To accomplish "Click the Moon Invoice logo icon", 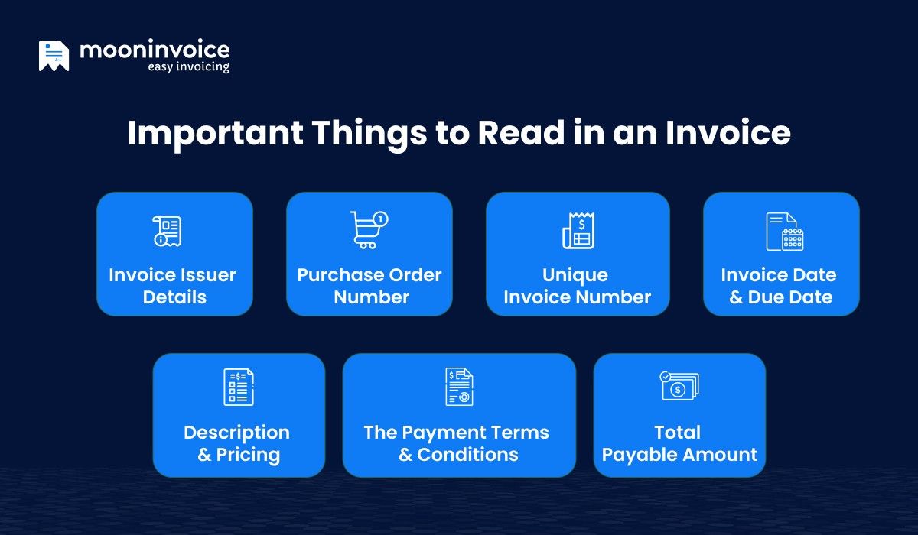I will [x=54, y=56].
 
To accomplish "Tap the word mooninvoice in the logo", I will [x=155, y=50].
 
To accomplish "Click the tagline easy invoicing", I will [x=188, y=67].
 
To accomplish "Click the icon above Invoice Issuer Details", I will [x=167, y=231].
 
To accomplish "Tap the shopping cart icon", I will [x=369, y=230].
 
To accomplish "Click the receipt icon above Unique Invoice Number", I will [x=578, y=231].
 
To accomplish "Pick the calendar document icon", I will [x=784, y=232].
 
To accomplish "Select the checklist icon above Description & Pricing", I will [x=238, y=387].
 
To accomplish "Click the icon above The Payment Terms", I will [x=459, y=387].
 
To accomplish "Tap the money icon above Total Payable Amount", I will [x=679, y=386].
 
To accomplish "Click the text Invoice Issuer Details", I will [x=173, y=286].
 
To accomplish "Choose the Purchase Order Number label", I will [x=369, y=286].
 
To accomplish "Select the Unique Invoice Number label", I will [x=577, y=286].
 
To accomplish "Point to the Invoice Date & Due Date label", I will [x=779, y=286].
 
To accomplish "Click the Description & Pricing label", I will [x=237, y=443].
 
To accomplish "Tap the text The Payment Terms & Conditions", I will [x=457, y=443].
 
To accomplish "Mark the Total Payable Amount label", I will [x=679, y=443].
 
